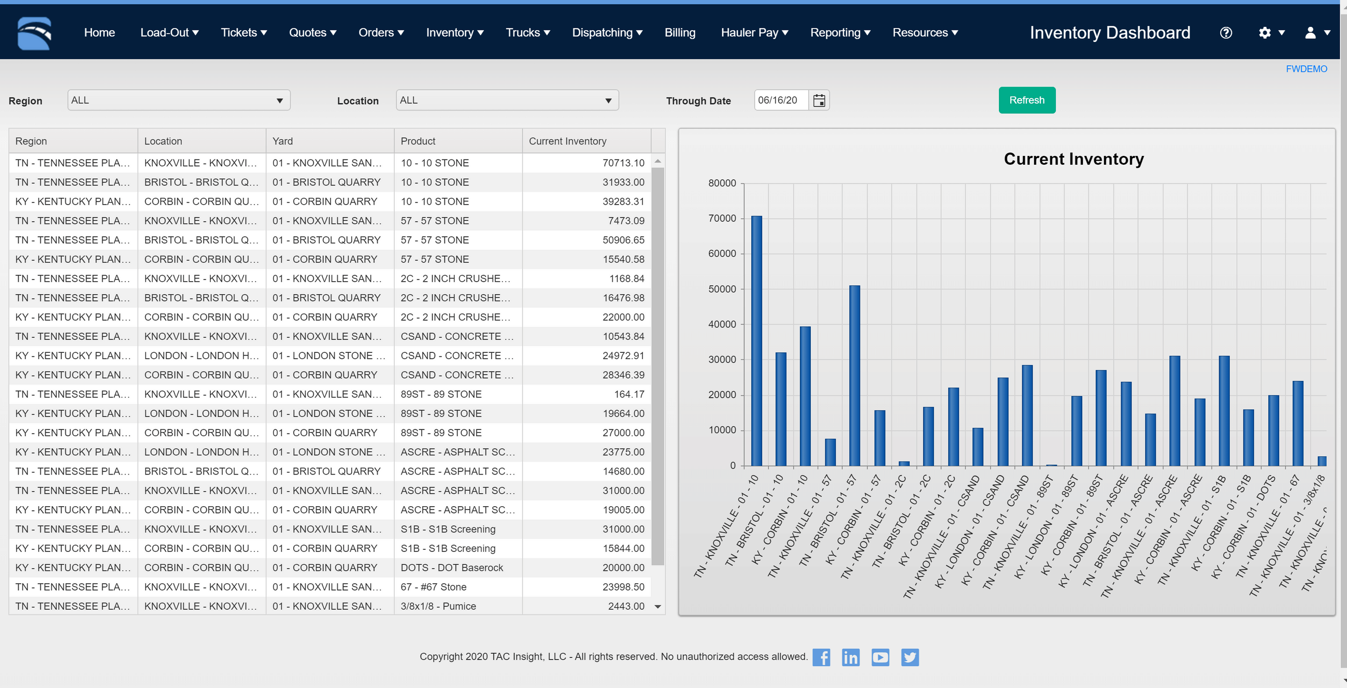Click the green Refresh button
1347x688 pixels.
point(1026,100)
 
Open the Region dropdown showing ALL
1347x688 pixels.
point(178,100)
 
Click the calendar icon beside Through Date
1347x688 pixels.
point(819,100)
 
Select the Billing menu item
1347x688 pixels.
point(679,33)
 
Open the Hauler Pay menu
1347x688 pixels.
point(753,33)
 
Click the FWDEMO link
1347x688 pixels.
point(1306,69)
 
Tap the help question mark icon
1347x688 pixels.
point(1225,33)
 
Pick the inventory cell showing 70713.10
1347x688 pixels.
point(586,163)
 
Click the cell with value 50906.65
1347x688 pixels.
point(586,240)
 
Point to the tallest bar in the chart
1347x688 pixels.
point(756,340)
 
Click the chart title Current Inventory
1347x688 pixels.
point(1073,159)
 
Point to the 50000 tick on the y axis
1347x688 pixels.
point(722,289)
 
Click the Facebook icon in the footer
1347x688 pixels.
point(821,657)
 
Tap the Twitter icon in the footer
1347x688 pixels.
point(909,657)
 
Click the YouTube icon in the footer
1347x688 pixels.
point(880,657)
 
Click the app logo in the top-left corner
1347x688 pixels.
point(34,33)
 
